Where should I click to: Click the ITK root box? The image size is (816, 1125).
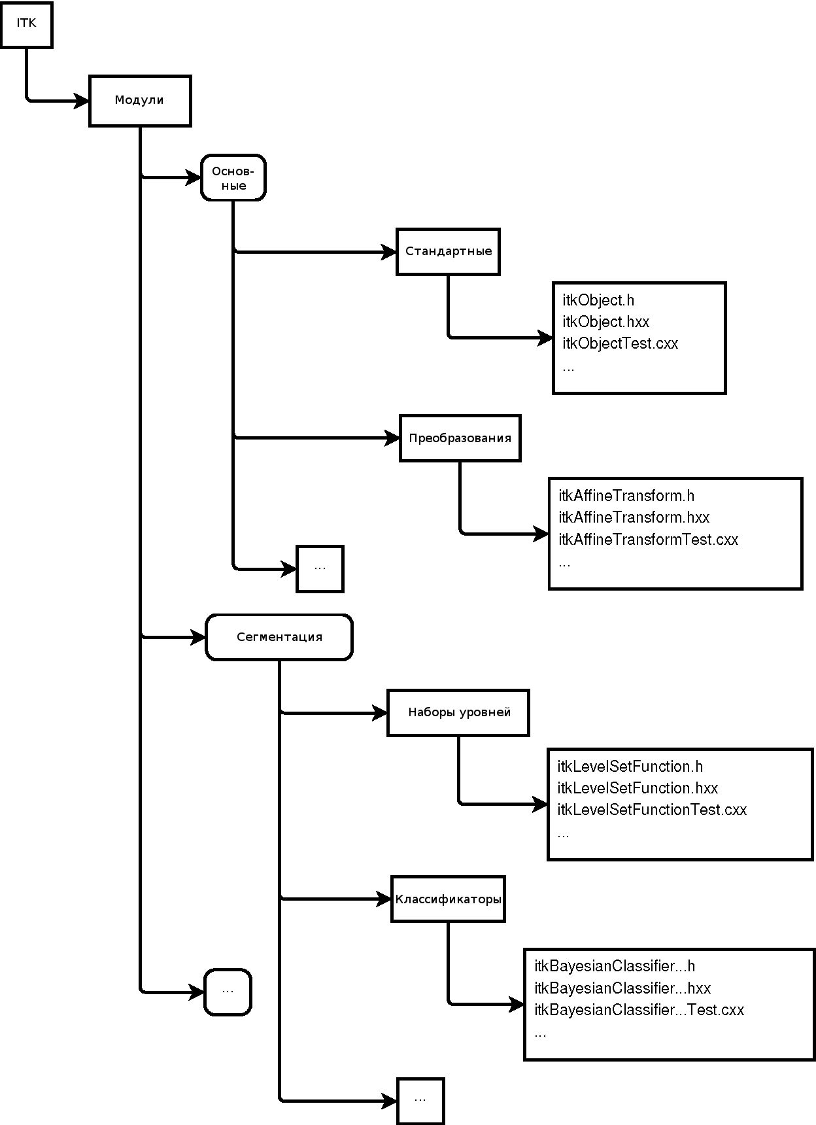pos(26,24)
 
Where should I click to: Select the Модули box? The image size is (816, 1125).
pos(140,101)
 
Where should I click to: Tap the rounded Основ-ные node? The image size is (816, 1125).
pos(233,177)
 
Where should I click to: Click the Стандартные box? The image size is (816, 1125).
pos(449,251)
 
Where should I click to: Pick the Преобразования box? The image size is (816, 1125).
pos(460,438)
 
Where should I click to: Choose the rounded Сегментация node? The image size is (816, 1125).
pos(279,637)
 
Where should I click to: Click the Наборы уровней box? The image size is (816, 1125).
pos(458,712)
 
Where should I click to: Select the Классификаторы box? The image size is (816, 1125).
pos(449,899)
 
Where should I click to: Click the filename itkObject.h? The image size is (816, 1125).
pos(598,300)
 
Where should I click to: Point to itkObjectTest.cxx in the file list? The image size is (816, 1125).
pos(620,343)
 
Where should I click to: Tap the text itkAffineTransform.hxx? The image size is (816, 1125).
pos(634,517)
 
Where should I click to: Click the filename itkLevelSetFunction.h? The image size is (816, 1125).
pos(630,767)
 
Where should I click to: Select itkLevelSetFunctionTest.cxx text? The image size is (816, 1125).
pos(652,810)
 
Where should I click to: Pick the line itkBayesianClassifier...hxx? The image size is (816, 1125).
pos(622,988)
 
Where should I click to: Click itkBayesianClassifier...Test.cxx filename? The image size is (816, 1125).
pos(639,1010)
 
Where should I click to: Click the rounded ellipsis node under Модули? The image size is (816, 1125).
pos(228,992)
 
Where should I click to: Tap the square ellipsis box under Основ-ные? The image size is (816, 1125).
pos(320,568)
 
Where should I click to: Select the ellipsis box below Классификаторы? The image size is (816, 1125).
pos(420,1101)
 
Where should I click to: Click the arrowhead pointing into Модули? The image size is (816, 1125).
pos(82,101)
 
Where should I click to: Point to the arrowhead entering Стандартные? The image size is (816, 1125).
pos(389,252)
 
